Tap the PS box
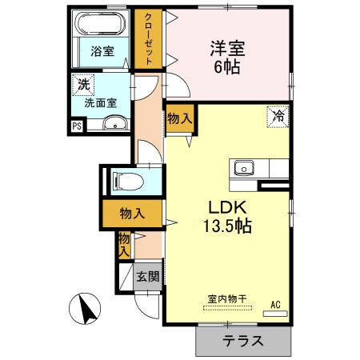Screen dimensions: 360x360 coord(77,126)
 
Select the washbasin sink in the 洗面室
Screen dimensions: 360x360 coord(116,122)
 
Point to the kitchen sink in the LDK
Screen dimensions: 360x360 coord(243,168)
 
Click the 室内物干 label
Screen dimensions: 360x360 coord(228,298)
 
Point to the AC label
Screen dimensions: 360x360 coord(275,303)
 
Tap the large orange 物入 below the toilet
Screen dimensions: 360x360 coord(132,214)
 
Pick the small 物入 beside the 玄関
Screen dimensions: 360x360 coord(124,244)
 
